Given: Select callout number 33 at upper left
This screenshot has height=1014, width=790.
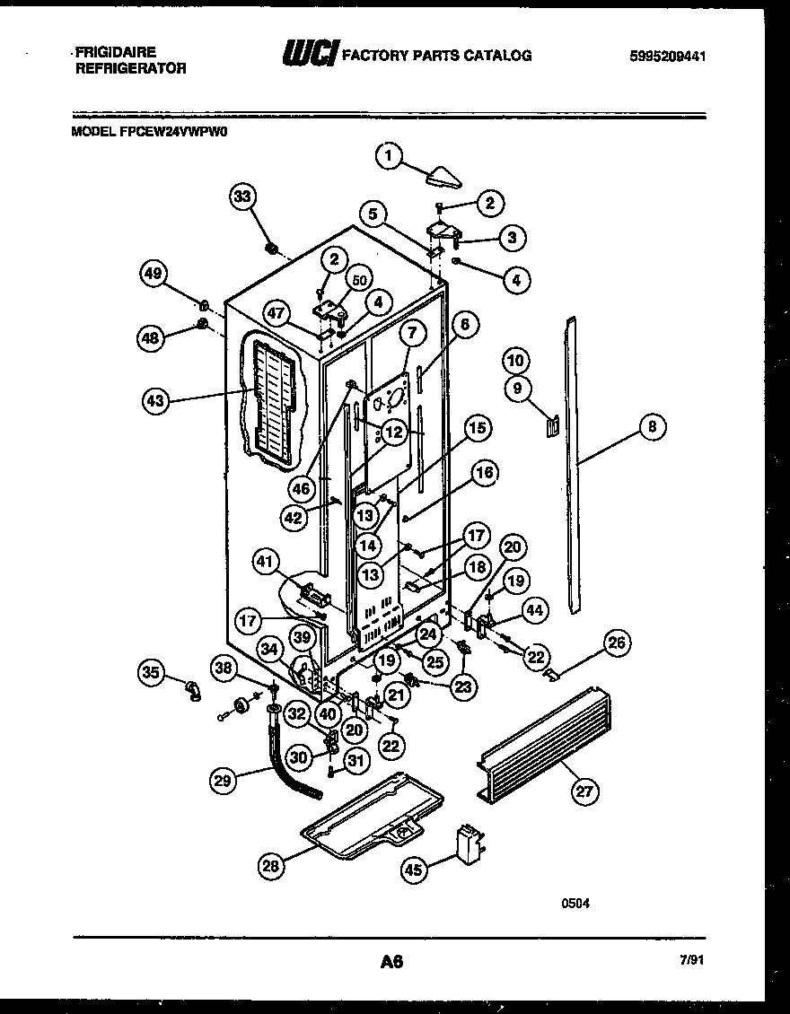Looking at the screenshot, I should pos(242,197).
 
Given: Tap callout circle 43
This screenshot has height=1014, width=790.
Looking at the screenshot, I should pos(155,401).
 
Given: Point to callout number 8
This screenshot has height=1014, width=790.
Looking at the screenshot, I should pos(652,428).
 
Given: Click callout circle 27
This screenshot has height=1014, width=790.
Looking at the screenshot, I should pos(585,790).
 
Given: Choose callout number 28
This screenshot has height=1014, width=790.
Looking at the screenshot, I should pos(270,865).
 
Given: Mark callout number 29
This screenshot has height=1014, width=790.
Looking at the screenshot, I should pos(224,782).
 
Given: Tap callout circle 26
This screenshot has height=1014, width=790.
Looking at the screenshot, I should pos(616,642).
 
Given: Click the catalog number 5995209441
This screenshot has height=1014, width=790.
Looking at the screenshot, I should pos(668,56).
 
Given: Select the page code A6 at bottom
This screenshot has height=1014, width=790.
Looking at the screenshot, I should pos(391,962).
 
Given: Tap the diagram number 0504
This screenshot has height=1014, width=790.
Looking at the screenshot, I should pos(575,903).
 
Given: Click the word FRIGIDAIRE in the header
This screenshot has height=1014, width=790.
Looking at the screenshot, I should pos(116,52).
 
